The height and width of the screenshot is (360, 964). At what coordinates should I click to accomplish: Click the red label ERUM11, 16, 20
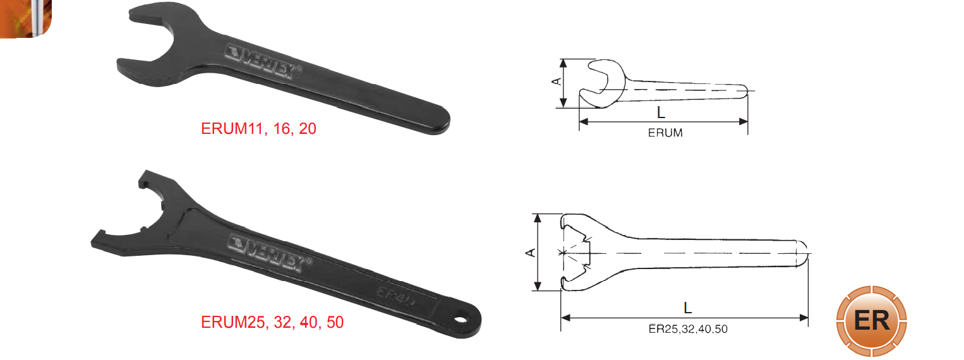pos(258,129)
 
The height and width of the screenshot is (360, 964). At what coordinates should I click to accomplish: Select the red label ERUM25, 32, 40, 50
pos(272,322)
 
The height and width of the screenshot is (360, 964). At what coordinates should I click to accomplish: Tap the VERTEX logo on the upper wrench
pos(263,63)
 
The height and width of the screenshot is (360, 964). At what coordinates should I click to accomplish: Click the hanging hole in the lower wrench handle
pos(461,320)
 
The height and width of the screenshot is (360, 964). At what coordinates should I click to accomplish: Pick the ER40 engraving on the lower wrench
pos(397,297)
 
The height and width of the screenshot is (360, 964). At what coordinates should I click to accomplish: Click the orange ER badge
pos(872,320)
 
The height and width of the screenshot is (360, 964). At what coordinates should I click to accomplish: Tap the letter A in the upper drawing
pos(557,81)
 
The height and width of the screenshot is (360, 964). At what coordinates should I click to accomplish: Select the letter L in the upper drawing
pos(661,112)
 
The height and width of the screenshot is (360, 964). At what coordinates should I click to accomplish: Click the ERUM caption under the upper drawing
pos(665,133)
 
